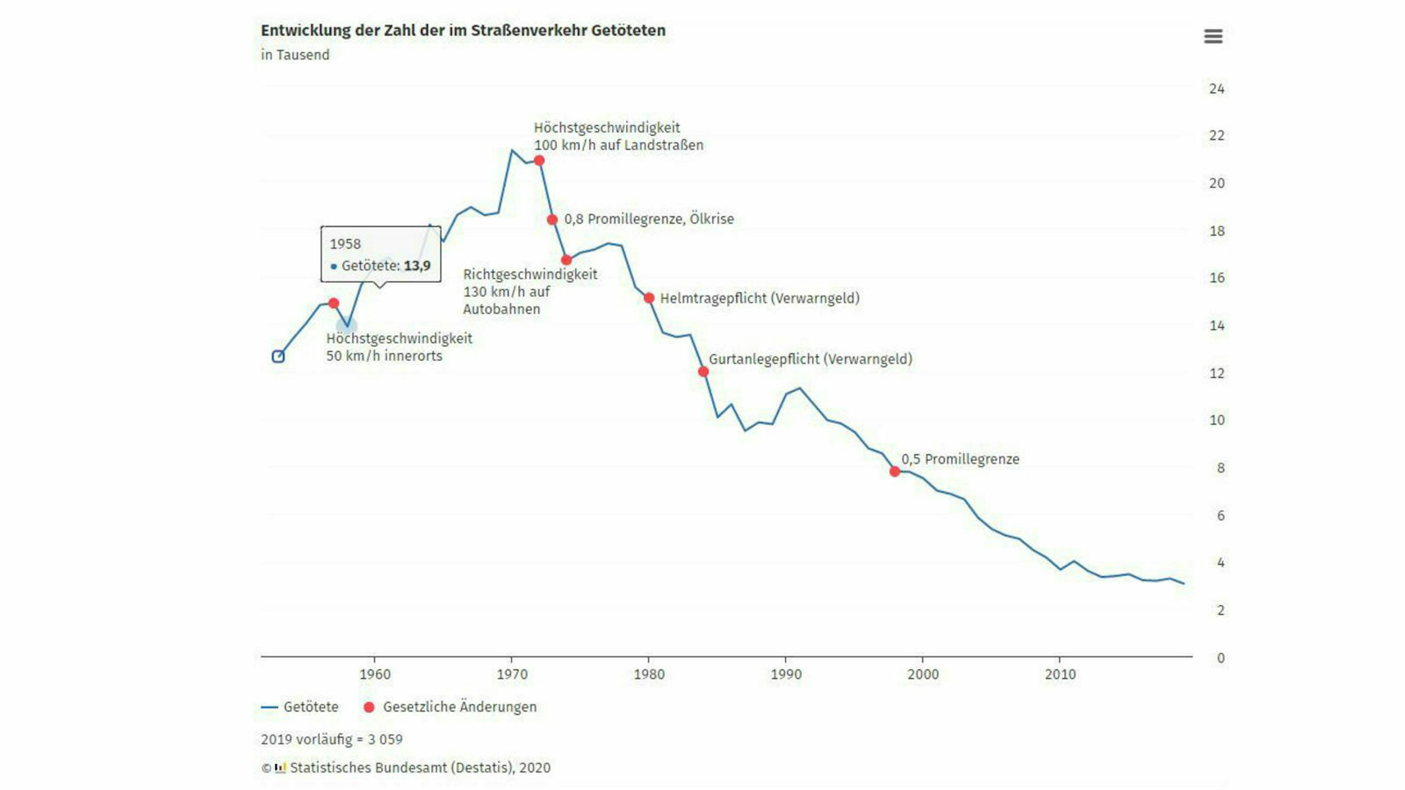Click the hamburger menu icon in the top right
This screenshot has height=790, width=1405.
pyautogui.click(x=1213, y=37)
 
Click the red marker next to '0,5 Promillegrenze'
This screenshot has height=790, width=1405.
pyautogui.click(x=895, y=471)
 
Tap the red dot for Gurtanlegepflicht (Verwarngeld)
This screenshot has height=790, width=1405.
pyautogui.click(x=703, y=371)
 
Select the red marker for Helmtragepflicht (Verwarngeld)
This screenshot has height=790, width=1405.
pyautogui.click(x=648, y=298)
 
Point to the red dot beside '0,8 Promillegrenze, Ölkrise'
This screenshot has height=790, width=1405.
pyautogui.click(x=552, y=219)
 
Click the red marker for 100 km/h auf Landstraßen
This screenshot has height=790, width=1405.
pyautogui.click(x=539, y=160)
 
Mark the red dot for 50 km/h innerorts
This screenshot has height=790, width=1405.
pyautogui.click(x=334, y=302)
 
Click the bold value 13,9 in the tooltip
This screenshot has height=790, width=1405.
pyautogui.click(x=417, y=266)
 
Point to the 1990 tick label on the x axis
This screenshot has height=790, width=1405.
pyautogui.click(x=786, y=674)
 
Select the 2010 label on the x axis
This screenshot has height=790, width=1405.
pyautogui.click(x=1060, y=674)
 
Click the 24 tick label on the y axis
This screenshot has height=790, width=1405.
pyautogui.click(x=1216, y=89)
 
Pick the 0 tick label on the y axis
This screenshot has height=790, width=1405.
pyautogui.click(x=1220, y=658)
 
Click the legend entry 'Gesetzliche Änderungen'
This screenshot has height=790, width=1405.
pyautogui.click(x=459, y=707)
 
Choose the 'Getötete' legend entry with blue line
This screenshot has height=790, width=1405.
pyautogui.click(x=310, y=707)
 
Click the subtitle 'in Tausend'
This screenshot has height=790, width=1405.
pyautogui.click(x=295, y=55)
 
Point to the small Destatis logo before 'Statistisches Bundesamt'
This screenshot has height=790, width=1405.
pyautogui.click(x=280, y=768)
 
